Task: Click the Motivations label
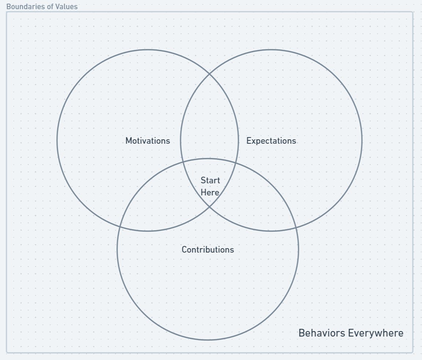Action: [x=148, y=141]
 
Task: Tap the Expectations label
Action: [x=271, y=141]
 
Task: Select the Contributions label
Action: [x=208, y=250]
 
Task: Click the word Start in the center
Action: [x=210, y=180]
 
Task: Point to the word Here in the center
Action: [x=210, y=192]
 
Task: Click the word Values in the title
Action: [x=67, y=7]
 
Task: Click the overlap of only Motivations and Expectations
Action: [x=209, y=121]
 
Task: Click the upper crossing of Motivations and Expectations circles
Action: [x=210, y=74]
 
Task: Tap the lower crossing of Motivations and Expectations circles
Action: [x=210, y=207]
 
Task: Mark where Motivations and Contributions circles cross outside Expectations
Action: [x=120, y=227]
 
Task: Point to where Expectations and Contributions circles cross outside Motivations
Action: [x=296, y=228]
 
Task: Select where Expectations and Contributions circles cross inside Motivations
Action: [x=182, y=162]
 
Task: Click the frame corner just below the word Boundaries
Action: [x=7, y=12]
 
